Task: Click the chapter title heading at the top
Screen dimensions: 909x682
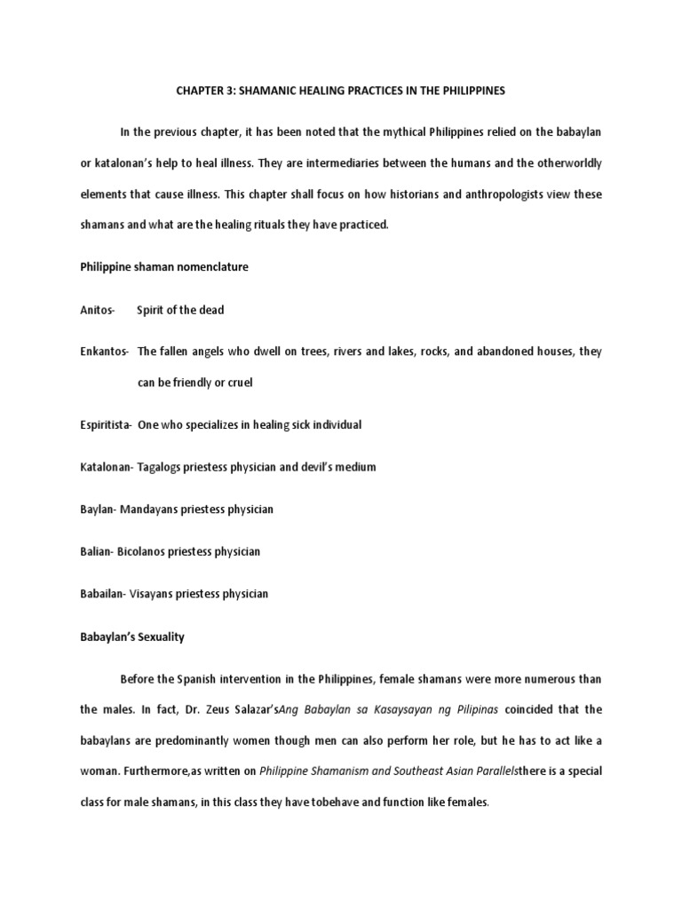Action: pos(339,91)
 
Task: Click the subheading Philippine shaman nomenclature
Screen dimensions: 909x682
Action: pos(164,267)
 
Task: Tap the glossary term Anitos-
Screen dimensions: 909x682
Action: pos(98,310)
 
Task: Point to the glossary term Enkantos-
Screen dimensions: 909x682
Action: pos(105,352)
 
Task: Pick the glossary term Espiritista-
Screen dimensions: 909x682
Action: pos(107,424)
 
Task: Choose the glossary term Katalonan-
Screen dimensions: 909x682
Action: pos(107,467)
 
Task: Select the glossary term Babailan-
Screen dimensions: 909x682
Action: pos(105,594)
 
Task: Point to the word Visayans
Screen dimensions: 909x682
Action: pos(159,594)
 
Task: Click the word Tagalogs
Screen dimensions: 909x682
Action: pos(162,467)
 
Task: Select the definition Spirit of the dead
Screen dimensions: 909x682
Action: pos(180,310)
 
